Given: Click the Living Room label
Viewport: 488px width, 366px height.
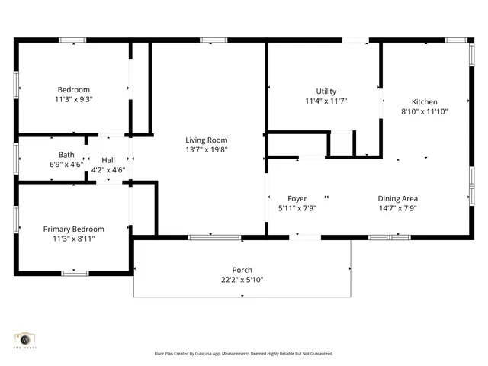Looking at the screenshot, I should pos(207,140).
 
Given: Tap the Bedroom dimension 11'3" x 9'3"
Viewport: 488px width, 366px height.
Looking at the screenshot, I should pos(73,99).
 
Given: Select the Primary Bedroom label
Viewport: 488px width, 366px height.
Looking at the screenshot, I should pos(73,229).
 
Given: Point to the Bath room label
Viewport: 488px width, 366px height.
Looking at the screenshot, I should pos(66,155).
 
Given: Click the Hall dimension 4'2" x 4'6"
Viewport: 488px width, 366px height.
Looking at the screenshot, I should pos(108,170).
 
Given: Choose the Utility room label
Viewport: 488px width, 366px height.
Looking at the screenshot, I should pos(326,91).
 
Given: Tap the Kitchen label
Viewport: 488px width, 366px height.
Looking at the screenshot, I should pos(425,101).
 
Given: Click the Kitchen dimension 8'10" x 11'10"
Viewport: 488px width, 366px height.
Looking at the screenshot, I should pos(425,111).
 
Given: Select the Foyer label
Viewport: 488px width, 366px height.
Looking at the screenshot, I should pos(297,198).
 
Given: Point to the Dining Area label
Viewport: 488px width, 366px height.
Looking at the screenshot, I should pos(398,198).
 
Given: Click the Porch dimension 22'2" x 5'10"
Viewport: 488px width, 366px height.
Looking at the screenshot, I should pos(242,280).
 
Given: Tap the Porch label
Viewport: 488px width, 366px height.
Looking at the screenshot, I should pos(242,270).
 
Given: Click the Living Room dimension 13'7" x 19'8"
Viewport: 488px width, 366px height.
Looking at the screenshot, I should pos(207,149).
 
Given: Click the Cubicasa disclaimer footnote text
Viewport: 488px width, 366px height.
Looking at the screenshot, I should pos(244,354).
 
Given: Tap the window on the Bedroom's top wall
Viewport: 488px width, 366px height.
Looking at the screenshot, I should pos(73,40).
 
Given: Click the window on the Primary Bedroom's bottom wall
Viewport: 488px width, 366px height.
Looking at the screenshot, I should pos(74,272).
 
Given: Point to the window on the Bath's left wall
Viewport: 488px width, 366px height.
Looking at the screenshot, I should pos(16,159).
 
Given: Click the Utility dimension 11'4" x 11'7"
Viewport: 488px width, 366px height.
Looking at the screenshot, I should pos(326,101).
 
